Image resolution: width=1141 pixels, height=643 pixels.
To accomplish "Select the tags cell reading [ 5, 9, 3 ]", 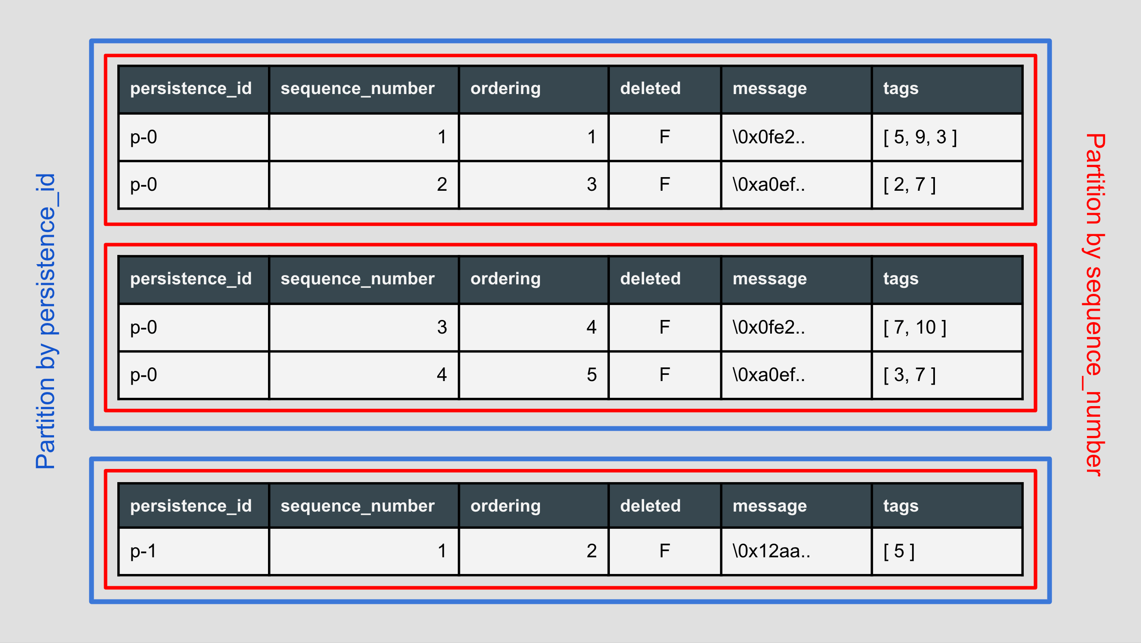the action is (920, 138).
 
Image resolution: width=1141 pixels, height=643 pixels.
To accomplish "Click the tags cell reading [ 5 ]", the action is (899, 551).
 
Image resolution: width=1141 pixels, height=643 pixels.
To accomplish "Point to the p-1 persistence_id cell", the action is (143, 551).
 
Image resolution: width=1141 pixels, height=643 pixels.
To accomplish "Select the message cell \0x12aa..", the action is (771, 551).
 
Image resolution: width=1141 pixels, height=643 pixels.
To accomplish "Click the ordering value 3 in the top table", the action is (591, 184).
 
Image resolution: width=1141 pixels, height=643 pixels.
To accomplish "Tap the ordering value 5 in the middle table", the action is (591, 375).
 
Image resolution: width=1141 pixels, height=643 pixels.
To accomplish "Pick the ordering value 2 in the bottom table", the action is (591, 551).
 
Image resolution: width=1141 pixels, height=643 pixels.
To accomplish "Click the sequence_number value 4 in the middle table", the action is (442, 375).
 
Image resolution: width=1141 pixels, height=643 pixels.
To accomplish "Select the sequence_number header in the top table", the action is (358, 89).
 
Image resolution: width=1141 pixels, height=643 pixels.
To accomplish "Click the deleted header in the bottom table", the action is (650, 506).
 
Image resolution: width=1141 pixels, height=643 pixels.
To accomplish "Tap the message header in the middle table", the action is (769, 279).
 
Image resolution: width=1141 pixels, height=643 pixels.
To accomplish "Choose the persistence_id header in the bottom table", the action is (191, 506).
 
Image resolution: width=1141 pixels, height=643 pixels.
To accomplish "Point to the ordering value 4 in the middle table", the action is (591, 327).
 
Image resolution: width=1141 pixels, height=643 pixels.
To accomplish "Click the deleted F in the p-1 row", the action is (664, 551).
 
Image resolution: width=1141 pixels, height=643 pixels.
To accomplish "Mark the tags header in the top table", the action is (901, 89).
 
